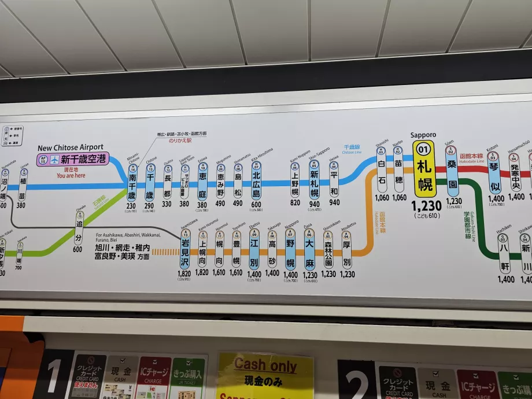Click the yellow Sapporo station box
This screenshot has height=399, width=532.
[x=424, y=169]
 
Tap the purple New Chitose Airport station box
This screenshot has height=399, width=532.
[x=72, y=159]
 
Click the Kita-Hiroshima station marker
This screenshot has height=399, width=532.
[x=256, y=182]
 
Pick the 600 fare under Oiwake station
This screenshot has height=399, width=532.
[x=77, y=249]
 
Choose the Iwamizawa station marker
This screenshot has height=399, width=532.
[x=185, y=249]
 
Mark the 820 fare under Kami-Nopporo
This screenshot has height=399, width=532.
[x=295, y=203]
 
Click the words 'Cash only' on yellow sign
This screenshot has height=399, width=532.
[x=265, y=365]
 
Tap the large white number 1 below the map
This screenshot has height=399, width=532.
[x=53, y=376]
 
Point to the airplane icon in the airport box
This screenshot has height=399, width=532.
[x=54, y=160]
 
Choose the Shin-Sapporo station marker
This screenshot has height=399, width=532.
[x=314, y=181]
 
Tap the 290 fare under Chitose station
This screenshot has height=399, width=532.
[x=149, y=205]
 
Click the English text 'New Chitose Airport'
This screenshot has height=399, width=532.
[x=71, y=147]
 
